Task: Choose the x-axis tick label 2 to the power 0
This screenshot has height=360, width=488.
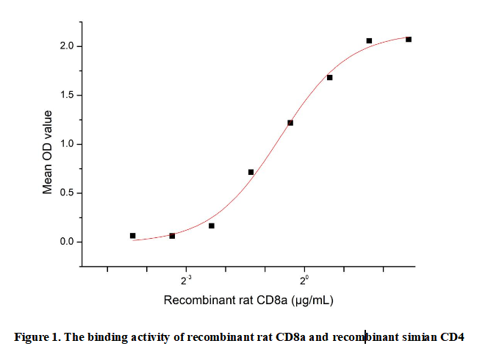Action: click(x=305, y=279)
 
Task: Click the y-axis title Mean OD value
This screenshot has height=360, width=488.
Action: click(x=48, y=152)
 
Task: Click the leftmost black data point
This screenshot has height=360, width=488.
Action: click(x=133, y=236)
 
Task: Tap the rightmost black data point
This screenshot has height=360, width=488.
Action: click(x=409, y=39)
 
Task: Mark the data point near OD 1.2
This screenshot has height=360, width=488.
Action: click(x=290, y=123)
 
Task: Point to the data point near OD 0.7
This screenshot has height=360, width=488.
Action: click(x=251, y=172)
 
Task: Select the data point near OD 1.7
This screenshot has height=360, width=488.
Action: click(x=329, y=77)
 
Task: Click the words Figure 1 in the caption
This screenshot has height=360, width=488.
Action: click(x=37, y=338)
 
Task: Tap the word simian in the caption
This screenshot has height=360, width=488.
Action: click(x=419, y=338)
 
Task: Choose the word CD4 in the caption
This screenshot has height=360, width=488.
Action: click(x=452, y=338)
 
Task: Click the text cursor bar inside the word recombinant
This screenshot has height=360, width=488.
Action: click(x=365, y=338)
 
